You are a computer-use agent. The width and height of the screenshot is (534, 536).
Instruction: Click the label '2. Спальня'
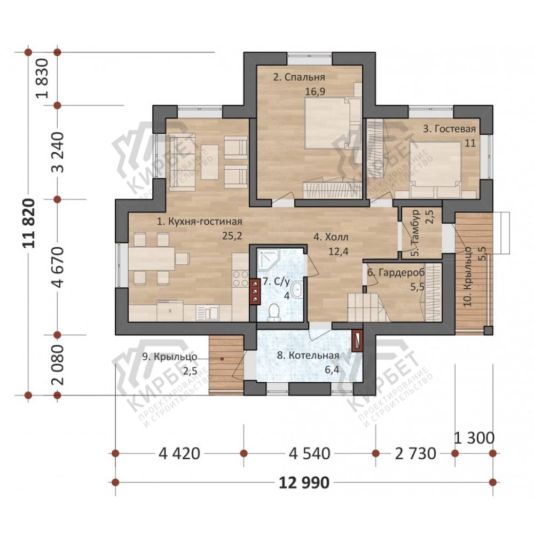(x=299, y=77)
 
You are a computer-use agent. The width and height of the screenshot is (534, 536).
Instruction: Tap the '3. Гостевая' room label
(x=449, y=129)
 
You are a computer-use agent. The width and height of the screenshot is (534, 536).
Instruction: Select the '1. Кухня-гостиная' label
(x=199, y=222)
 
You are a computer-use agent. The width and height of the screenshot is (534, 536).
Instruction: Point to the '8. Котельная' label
(x=308, y=356)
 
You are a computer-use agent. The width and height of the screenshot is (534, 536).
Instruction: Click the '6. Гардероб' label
(x=396, y=272)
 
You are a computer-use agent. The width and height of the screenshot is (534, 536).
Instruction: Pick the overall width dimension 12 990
(x=304, y=483)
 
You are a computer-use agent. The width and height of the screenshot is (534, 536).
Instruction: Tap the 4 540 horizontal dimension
(x=309, y=454)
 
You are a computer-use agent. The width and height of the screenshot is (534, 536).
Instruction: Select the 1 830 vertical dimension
(x=43, y=78)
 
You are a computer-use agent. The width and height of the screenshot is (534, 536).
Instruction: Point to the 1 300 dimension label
(x=474, y=438)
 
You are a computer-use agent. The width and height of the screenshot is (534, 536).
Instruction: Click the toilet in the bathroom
(x=274, y=312)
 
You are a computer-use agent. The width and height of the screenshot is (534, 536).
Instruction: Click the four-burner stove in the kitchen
(x=240, y=278)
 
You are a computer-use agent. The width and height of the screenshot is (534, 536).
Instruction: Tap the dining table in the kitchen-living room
(x=152, y=258)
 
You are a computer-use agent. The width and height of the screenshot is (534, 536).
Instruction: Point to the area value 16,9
(x=315, y=92)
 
